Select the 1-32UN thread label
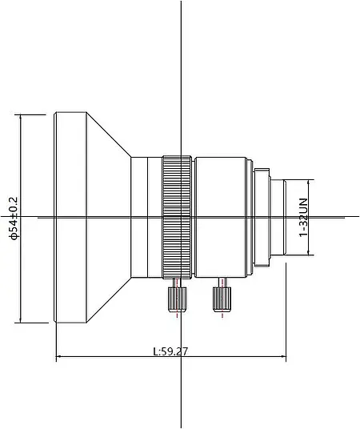[x=304, y=217]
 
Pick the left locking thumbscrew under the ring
[x=177, y=299]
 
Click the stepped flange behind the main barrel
[x=259, y=216]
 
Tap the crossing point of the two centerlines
[x=182, y=216]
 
